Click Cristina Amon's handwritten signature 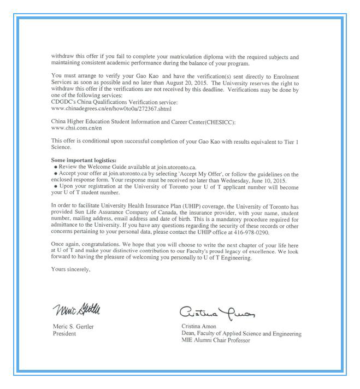(x=217, y=313)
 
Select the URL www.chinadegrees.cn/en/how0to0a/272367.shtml (x=111, y=109)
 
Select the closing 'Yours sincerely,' (x=70, y=269)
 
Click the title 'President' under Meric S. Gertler (x=64, y=334)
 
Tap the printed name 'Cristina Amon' (x=199, y=327)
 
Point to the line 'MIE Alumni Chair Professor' (x=216, y=340)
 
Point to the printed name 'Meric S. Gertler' (x=73, y=327)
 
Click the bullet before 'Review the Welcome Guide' (x=56, y=166)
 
